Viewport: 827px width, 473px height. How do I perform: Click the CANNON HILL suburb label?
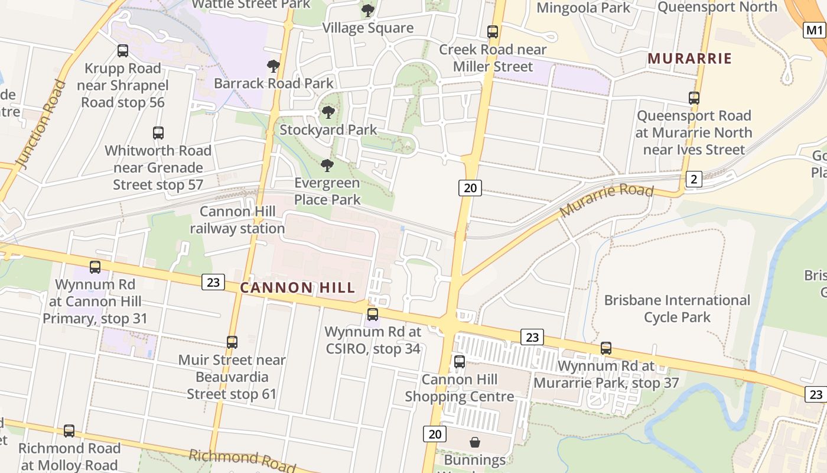pos(298,288)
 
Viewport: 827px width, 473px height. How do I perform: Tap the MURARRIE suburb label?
pos(689,59)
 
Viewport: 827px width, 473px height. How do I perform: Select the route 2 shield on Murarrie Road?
pos(693,179)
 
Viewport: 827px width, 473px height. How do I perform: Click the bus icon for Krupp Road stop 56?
pos(123,51)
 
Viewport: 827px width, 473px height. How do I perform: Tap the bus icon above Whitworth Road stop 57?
pos(158,133)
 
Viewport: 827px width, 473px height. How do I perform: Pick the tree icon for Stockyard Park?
pos(328,112)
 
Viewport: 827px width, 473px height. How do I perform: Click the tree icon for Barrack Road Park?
pos(273,66)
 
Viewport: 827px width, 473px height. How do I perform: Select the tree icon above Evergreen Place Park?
pos(327,166)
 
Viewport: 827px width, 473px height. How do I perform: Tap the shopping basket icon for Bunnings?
pos(474,442)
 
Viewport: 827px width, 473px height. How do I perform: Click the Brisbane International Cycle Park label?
pos(677,309)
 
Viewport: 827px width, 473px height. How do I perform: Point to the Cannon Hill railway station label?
pos(237,220)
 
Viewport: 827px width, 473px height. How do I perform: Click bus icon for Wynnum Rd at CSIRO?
pos(373,315)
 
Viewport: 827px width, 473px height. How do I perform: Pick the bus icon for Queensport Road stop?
pos(694,98)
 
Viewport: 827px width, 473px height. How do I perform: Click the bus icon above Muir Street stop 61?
pos(232,342)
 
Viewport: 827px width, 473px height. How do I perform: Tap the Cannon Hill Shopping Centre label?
pos(460,388)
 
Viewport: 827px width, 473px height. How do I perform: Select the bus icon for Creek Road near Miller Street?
pos(493,32)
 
